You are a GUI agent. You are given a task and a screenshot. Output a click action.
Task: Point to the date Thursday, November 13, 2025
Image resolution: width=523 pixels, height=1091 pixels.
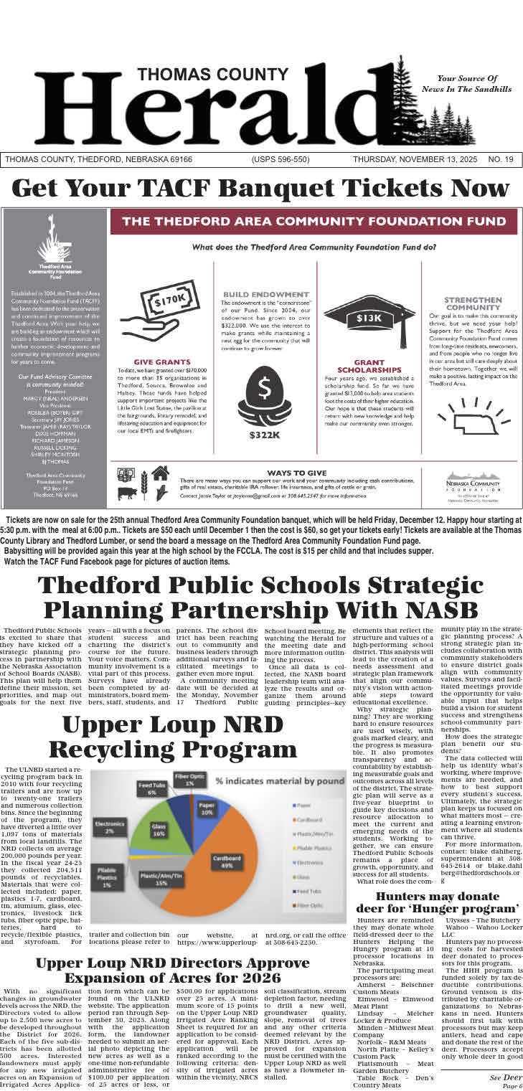[416, 159]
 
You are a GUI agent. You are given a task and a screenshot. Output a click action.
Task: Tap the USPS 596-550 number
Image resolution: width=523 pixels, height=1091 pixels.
[281, 159]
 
